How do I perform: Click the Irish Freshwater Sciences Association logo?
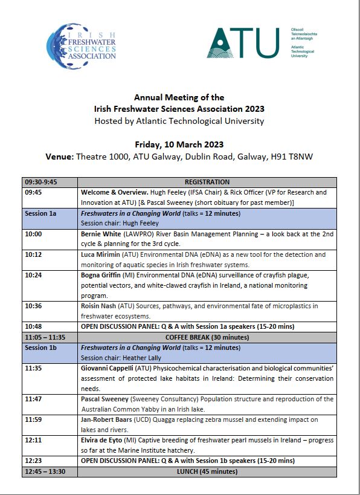pos(81,43)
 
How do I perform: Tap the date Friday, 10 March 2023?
pos(179,144)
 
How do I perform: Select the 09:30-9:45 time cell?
pos(42,182)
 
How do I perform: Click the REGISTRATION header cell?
pos(207,182)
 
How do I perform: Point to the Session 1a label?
pos(40,213)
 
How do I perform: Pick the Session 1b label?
pos(40,348)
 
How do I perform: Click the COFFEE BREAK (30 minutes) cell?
pos(207,337)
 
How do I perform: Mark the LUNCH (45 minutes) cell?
pos(207,471)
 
